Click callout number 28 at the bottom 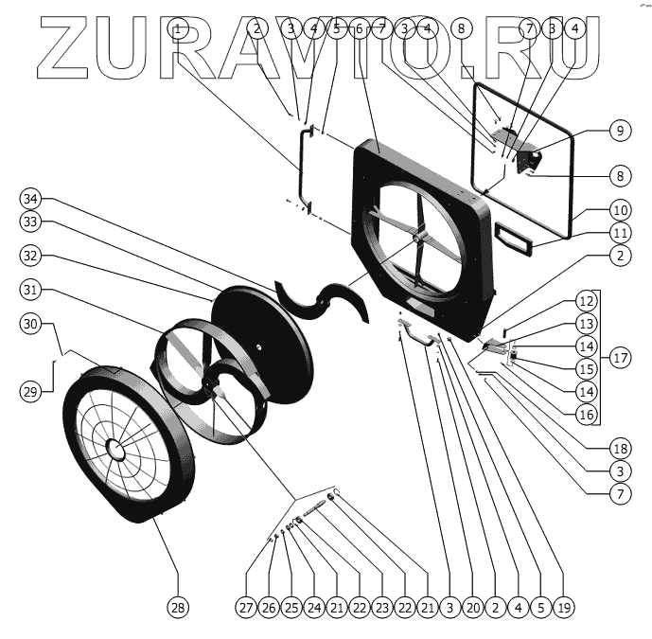tap(178, 605)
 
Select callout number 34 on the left tap(32, 199)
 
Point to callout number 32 tap(32, 257)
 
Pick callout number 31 tap(32, 290)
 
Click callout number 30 tap(32, 324)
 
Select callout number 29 tap(32, 389)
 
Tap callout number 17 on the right tap(620, 359)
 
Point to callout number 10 tap(620, 209)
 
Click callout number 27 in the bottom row tap(247, 605)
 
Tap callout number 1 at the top tap(179, 28)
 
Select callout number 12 tap(587, 302)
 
